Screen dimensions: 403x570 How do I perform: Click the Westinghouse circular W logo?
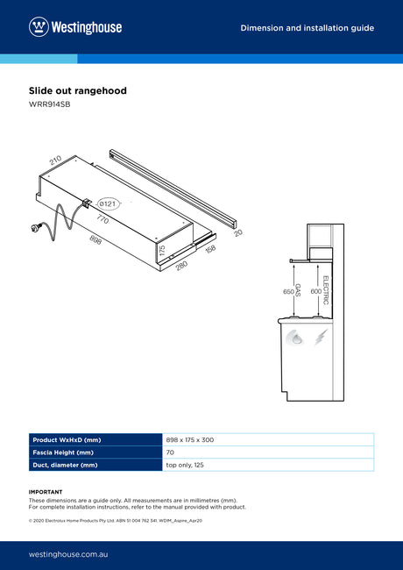point(39,27)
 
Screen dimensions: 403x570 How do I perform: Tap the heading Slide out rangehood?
point(78,90)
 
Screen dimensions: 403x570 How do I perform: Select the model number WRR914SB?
point(49,104)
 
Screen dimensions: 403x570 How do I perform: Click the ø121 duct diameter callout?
point(108,204)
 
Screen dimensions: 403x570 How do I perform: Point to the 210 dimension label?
point(55,160)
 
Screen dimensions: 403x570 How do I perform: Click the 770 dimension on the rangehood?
point(103,219)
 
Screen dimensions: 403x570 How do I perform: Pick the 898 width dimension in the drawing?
point(95,239)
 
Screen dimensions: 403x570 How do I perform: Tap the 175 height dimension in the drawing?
point(162,250)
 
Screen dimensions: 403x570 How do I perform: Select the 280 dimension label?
point(181,266)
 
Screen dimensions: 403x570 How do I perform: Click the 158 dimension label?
point(210,249)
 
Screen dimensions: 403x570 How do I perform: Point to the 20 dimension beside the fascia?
point(238,232)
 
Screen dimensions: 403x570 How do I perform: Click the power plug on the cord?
point(37,228)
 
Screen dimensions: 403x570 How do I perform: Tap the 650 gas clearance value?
point(288,291)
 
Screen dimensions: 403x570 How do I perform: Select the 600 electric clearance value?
point(315,291)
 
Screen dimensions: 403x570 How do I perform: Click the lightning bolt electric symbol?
point(321,337)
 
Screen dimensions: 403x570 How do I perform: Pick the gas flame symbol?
point(294,338)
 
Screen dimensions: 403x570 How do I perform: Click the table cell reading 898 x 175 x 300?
point(190,440)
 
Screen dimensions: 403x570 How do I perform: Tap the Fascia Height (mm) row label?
point(63,452)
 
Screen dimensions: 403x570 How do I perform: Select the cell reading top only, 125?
point(185,465)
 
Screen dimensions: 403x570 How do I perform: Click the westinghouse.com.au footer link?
point(68,554)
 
